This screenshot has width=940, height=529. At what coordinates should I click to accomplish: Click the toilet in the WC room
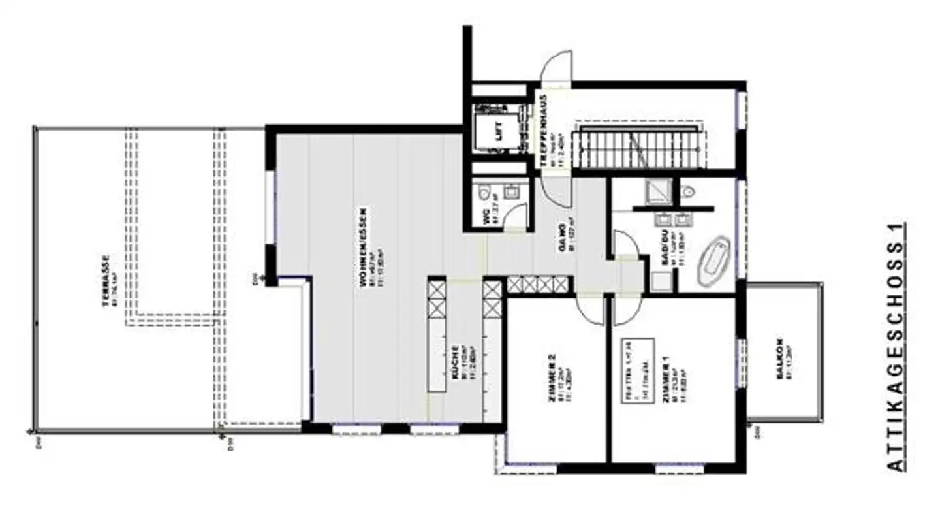coord(484,192)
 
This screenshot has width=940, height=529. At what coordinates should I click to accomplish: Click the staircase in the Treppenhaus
coord(640,148)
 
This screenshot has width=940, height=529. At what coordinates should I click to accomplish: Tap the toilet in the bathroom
coord(687,191)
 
